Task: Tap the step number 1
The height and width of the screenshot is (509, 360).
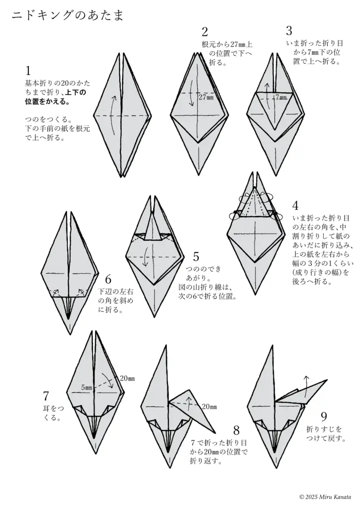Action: [28, 71]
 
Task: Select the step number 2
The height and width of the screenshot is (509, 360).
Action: [204, 32]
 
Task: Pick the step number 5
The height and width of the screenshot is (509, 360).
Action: [196, 257]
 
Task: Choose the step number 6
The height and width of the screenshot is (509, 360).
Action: [108, 279]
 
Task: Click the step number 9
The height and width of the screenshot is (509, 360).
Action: [324, 417]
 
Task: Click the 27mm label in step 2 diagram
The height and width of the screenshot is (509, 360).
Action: [206, 97]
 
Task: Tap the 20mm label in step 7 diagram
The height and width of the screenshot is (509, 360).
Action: [127, 378]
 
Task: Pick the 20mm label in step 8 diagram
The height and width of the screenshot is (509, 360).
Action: [209, 407]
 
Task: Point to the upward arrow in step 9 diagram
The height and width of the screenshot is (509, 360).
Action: [306, 383]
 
